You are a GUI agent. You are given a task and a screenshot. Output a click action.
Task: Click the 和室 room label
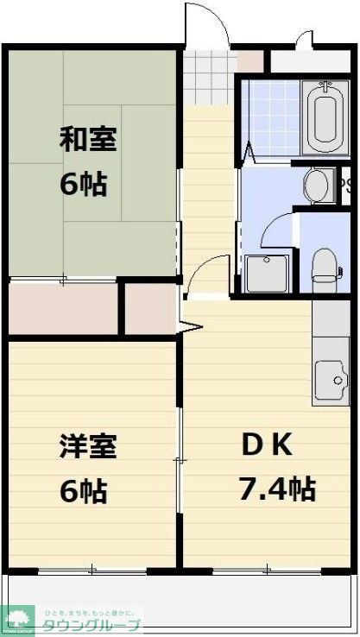point(87,139)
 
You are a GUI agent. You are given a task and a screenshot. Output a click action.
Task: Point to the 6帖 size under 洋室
point(84,490)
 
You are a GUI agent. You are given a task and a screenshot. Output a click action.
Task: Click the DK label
point(267,446)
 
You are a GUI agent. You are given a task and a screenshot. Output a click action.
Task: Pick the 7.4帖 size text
point(276,489)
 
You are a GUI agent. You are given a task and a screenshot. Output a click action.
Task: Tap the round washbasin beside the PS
point(319,184)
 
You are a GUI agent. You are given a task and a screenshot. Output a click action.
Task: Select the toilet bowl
point(325,263)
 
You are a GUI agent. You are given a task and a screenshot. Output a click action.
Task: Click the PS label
point(345,183)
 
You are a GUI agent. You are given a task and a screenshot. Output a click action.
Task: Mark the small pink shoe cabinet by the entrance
point(249,61)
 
